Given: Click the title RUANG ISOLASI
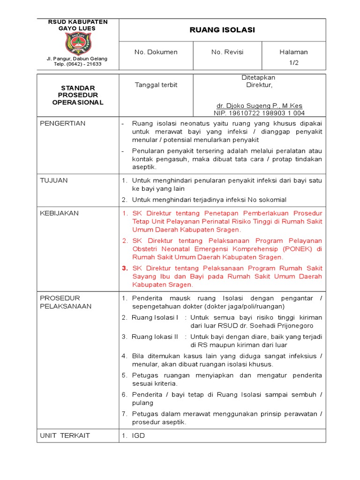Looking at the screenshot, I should pyautogui.click(x=222, y=30).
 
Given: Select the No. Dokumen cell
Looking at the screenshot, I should pyautogui.click(x=156, y=52).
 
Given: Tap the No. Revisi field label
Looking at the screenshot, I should pyautogui.click(x=227, y=52).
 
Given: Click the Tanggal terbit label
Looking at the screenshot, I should pyautogui.click(x=150, y=85).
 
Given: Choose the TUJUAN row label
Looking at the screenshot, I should pyautogui.click(x=54, y=180).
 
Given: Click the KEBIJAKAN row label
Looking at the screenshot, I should pyautogui.click(x=59, y=213).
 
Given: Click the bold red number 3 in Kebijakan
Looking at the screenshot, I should pyautogui.click(x=125, y=269).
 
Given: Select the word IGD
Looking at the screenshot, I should pyautogui.click(x=138, y=435).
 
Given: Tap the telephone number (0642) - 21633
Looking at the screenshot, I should pyautogui.click(x=77, y=64).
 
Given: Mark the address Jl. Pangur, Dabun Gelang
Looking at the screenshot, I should pyautogui.click(x=77, y=59).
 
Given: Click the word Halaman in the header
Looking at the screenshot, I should pyautogui.click(x=293, y=52).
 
